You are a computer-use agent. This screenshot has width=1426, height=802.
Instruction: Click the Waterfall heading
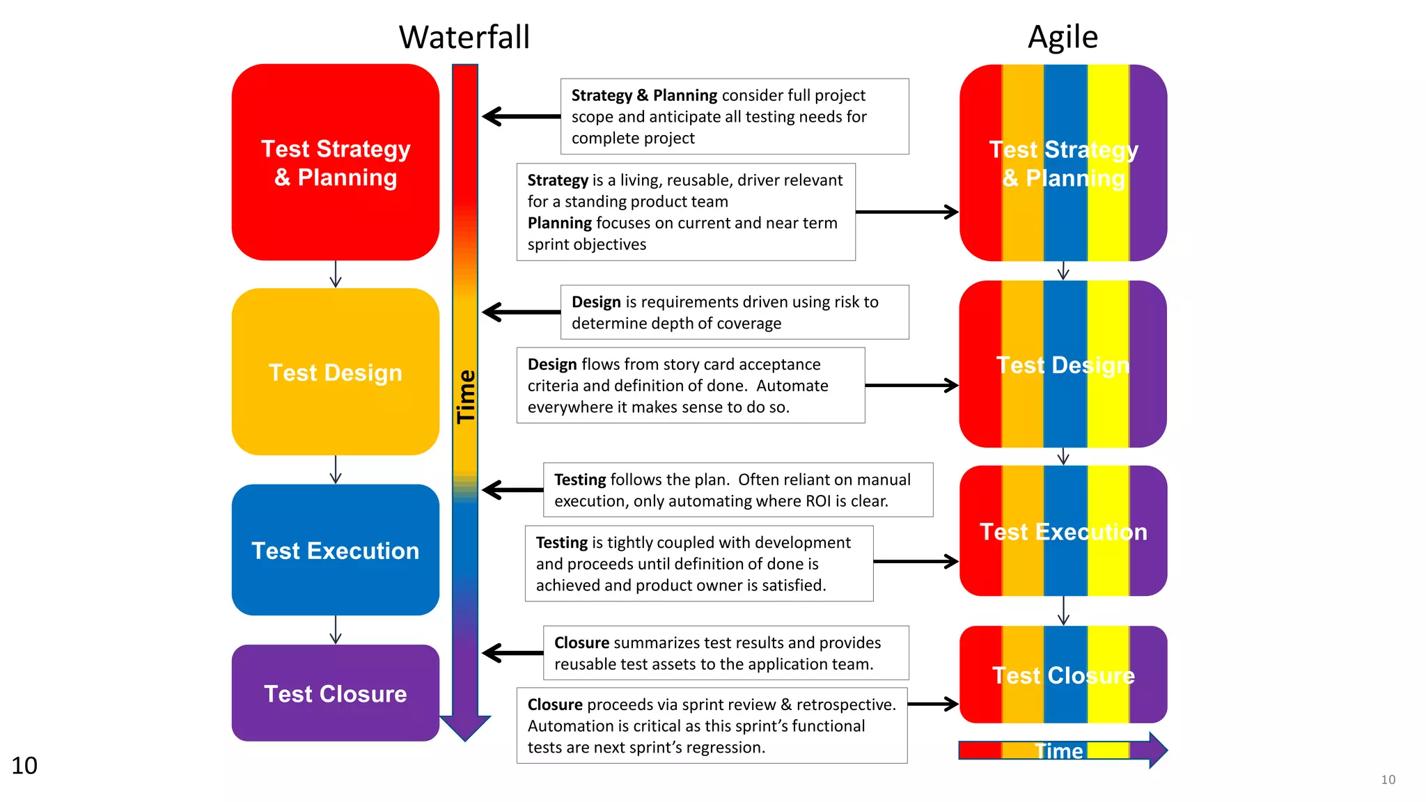pyautogui.click(x=464, y=37)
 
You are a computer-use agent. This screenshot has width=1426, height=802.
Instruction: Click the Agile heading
pyautogui.click(x=1063, y=37)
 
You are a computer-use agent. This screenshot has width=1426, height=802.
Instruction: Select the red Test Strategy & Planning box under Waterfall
pyautogui.click(x=335, y=163)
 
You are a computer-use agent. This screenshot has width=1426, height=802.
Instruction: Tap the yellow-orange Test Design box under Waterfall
pyautogui.click(x=335, y=372)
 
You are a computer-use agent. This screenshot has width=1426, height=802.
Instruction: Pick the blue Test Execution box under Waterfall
pyautogui.click(x=335, y=550)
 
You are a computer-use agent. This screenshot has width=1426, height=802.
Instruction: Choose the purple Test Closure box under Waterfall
pyautogui.click(x=335, y=693)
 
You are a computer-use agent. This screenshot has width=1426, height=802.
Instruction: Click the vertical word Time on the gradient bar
pyautogui.click(x=465, y=397)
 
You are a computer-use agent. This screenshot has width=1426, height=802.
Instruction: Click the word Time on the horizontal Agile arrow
pyautogui.click(x=1058, y=751)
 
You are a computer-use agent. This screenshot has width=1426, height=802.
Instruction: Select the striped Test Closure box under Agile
pyautogui.click(x=1063, y=675)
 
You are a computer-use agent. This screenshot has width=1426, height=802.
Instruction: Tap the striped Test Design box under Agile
pyautogui.click(x=1063, y=364)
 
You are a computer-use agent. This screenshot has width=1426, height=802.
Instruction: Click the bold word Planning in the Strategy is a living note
pyautogui.click(x=559, y=223)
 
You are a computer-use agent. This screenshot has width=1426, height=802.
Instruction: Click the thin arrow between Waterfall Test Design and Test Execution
pyautogui.click(x=336, y=470)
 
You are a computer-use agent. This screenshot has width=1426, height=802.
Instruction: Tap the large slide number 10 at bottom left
pyautogui.click(x=24, y=765)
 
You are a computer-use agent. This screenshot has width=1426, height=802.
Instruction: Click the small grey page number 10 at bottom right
pyautogui.click(x=1388, y=780)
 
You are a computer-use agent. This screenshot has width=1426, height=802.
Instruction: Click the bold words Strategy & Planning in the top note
pyautogui.click(x=644, y=95)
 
